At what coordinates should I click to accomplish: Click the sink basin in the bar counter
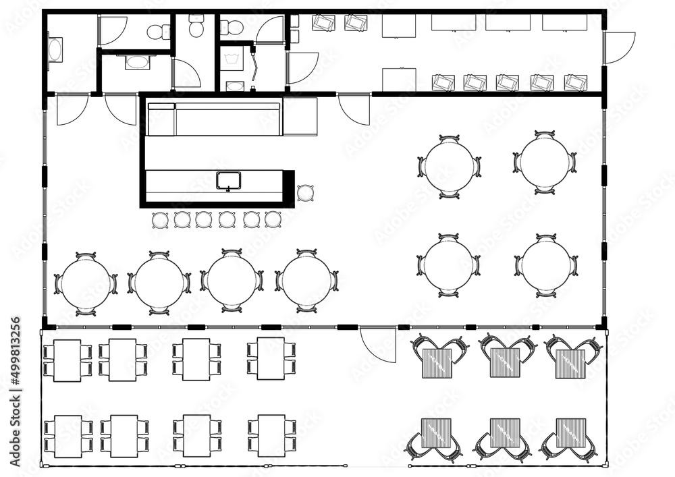point(228,180)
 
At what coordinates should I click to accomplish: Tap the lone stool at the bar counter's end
point(305,193)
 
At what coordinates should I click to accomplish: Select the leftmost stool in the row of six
point(160,219)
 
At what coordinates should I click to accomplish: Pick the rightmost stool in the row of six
point(273,219)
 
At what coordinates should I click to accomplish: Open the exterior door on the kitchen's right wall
point(618,48)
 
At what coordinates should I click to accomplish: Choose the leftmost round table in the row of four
point(85,283)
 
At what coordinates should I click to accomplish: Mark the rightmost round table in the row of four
point(306,281)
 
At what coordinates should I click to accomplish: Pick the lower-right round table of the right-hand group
point(546,265)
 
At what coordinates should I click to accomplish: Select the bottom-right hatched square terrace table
point(571,433)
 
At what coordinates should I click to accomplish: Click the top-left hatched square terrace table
point(437,363)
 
